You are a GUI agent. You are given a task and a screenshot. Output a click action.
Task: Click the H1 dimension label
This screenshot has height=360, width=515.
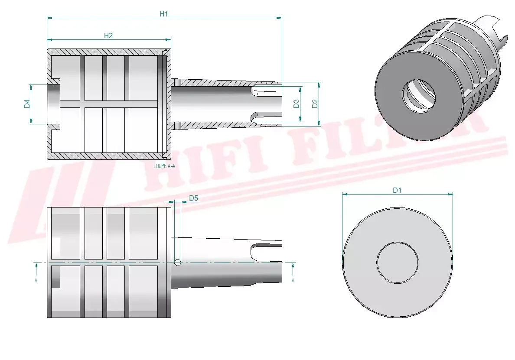163,14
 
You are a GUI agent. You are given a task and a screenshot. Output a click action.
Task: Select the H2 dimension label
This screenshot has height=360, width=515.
108,36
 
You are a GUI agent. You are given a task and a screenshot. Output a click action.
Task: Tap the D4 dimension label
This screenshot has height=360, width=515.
27,104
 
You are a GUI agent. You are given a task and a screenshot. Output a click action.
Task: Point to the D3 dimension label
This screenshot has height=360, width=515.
296,104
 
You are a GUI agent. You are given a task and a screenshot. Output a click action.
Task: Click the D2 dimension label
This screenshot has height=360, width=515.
315,104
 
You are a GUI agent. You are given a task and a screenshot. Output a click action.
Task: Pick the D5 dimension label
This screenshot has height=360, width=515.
194,198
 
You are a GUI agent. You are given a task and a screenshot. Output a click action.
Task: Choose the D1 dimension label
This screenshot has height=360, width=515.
397,190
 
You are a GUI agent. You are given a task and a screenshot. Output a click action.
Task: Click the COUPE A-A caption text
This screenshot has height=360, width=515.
164,166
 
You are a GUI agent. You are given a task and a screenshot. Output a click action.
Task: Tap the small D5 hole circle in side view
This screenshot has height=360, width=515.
177,262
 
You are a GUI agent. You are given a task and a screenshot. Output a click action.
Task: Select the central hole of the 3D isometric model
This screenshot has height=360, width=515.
419,96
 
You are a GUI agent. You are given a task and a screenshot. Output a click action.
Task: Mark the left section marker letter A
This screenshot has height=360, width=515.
36,280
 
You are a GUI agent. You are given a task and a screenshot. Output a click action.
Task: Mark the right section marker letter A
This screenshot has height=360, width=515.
293,280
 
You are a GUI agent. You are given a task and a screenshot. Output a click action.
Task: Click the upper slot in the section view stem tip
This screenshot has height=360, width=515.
265,90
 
